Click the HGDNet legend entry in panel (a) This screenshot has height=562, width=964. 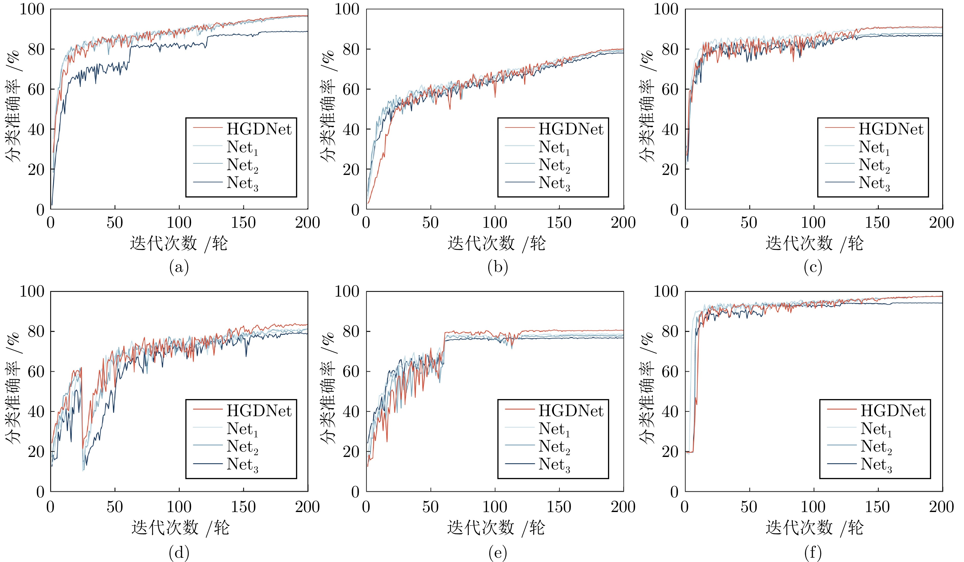[259, 129]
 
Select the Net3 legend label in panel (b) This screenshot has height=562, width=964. [554, 183]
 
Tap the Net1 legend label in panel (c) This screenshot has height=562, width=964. [874, 147]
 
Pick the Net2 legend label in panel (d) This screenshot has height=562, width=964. [242, 447]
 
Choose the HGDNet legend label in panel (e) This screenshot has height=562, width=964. [571, 411]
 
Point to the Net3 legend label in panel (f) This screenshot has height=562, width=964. [876, 465]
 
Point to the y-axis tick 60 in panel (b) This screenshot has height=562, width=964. [351, 90]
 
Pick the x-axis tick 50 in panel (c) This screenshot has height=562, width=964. [749, 223]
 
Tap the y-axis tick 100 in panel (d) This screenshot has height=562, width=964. [32, 291]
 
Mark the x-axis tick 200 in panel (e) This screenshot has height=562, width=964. [623, 507]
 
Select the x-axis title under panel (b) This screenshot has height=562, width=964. [496, 243]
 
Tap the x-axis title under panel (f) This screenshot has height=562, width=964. [815, 528]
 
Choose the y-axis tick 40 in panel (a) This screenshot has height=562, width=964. [36, 130]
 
